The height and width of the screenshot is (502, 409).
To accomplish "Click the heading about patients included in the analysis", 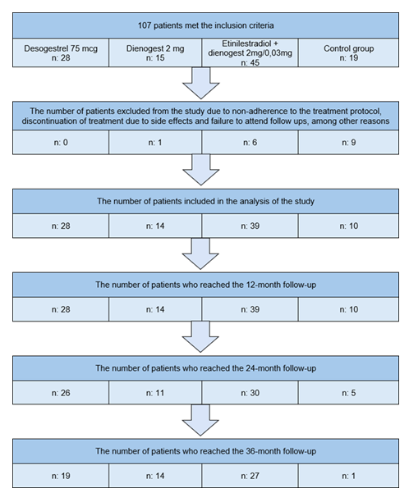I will pyautogui.click(x=204, y=201).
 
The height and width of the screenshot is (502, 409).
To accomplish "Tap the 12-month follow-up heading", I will pyautogui.click(x=204, y=284).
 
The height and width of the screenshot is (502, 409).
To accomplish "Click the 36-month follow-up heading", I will pyautogui.click(x=204, y=451).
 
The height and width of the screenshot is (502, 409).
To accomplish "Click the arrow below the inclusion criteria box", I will pyautogui.click(x=204, y=82).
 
